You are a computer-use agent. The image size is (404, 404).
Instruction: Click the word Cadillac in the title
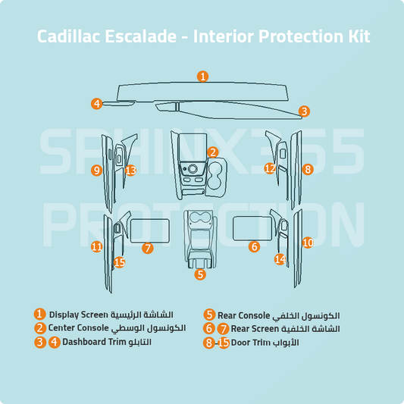click(68, 36)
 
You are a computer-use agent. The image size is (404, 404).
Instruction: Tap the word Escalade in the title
click(141, 36)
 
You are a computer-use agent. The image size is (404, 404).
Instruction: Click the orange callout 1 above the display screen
click(203, 77)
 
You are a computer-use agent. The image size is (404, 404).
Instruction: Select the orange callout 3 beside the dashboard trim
click(304, 111)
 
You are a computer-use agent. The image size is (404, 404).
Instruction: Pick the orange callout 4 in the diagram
click(97, 104)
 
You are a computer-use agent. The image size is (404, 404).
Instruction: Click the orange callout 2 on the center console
click(213, 152)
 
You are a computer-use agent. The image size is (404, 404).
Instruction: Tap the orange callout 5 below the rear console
click(200, 274)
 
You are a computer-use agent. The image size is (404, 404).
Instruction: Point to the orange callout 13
click(130, 171)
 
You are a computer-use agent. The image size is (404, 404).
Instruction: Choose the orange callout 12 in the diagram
click(270, 168)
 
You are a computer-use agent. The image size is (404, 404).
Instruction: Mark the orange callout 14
click(280, 259)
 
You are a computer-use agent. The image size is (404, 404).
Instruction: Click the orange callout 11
click(97, 247)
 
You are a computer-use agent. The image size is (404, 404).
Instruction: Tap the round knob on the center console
click(193, 169)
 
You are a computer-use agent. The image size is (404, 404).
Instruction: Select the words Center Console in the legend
click(78, 328)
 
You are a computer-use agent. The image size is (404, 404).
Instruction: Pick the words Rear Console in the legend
click(244, 315)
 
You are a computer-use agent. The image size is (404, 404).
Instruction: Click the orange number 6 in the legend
click(209, 328)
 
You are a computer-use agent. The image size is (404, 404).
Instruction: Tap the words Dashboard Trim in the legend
click(92, 342)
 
